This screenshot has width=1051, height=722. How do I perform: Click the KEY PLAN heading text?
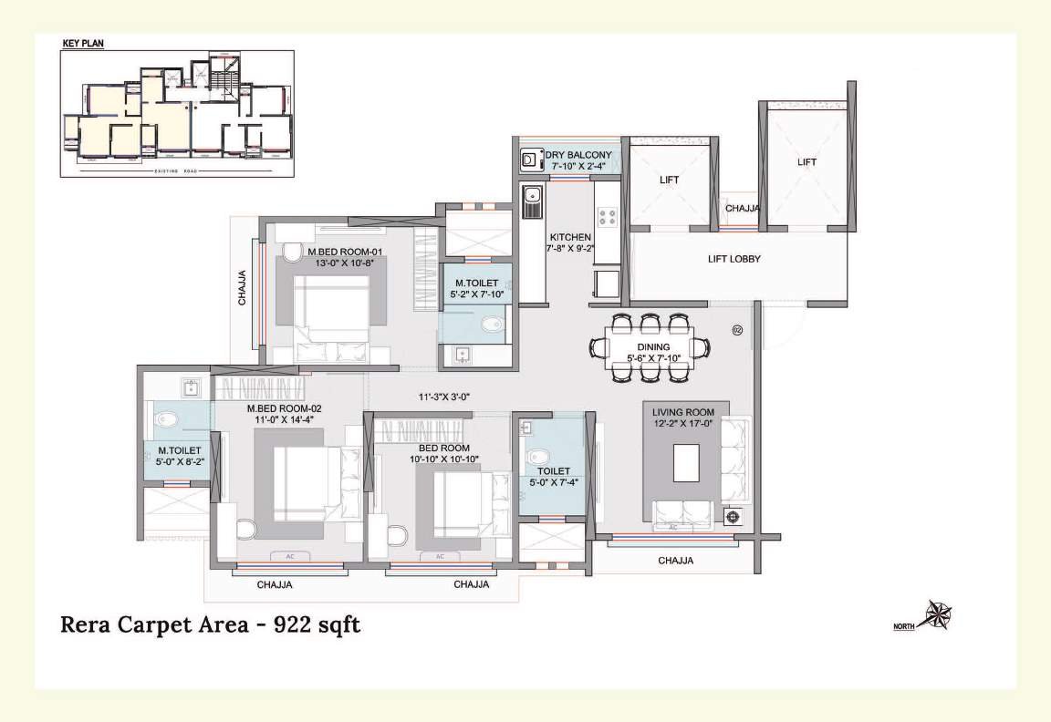point(83,43)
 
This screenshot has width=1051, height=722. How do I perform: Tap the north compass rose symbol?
point(937,615)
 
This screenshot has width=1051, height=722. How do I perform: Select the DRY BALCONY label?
point(578,156)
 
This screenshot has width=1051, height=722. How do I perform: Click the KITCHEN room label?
point(570,237)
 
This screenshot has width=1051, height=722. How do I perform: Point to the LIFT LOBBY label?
point(734,259)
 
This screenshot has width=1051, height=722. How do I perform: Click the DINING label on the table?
point(653,347)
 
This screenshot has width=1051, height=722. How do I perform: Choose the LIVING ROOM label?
point(690,413)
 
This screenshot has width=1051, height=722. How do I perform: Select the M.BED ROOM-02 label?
point(284,408)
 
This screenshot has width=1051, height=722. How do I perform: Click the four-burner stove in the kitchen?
point(606,217)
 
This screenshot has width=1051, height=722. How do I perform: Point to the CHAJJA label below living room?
point(675,561)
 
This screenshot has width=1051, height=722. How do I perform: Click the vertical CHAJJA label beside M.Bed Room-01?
point(243,287)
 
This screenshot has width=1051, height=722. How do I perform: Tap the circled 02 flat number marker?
point(738,330)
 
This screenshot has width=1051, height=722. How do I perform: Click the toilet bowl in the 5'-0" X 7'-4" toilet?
point(537,456)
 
